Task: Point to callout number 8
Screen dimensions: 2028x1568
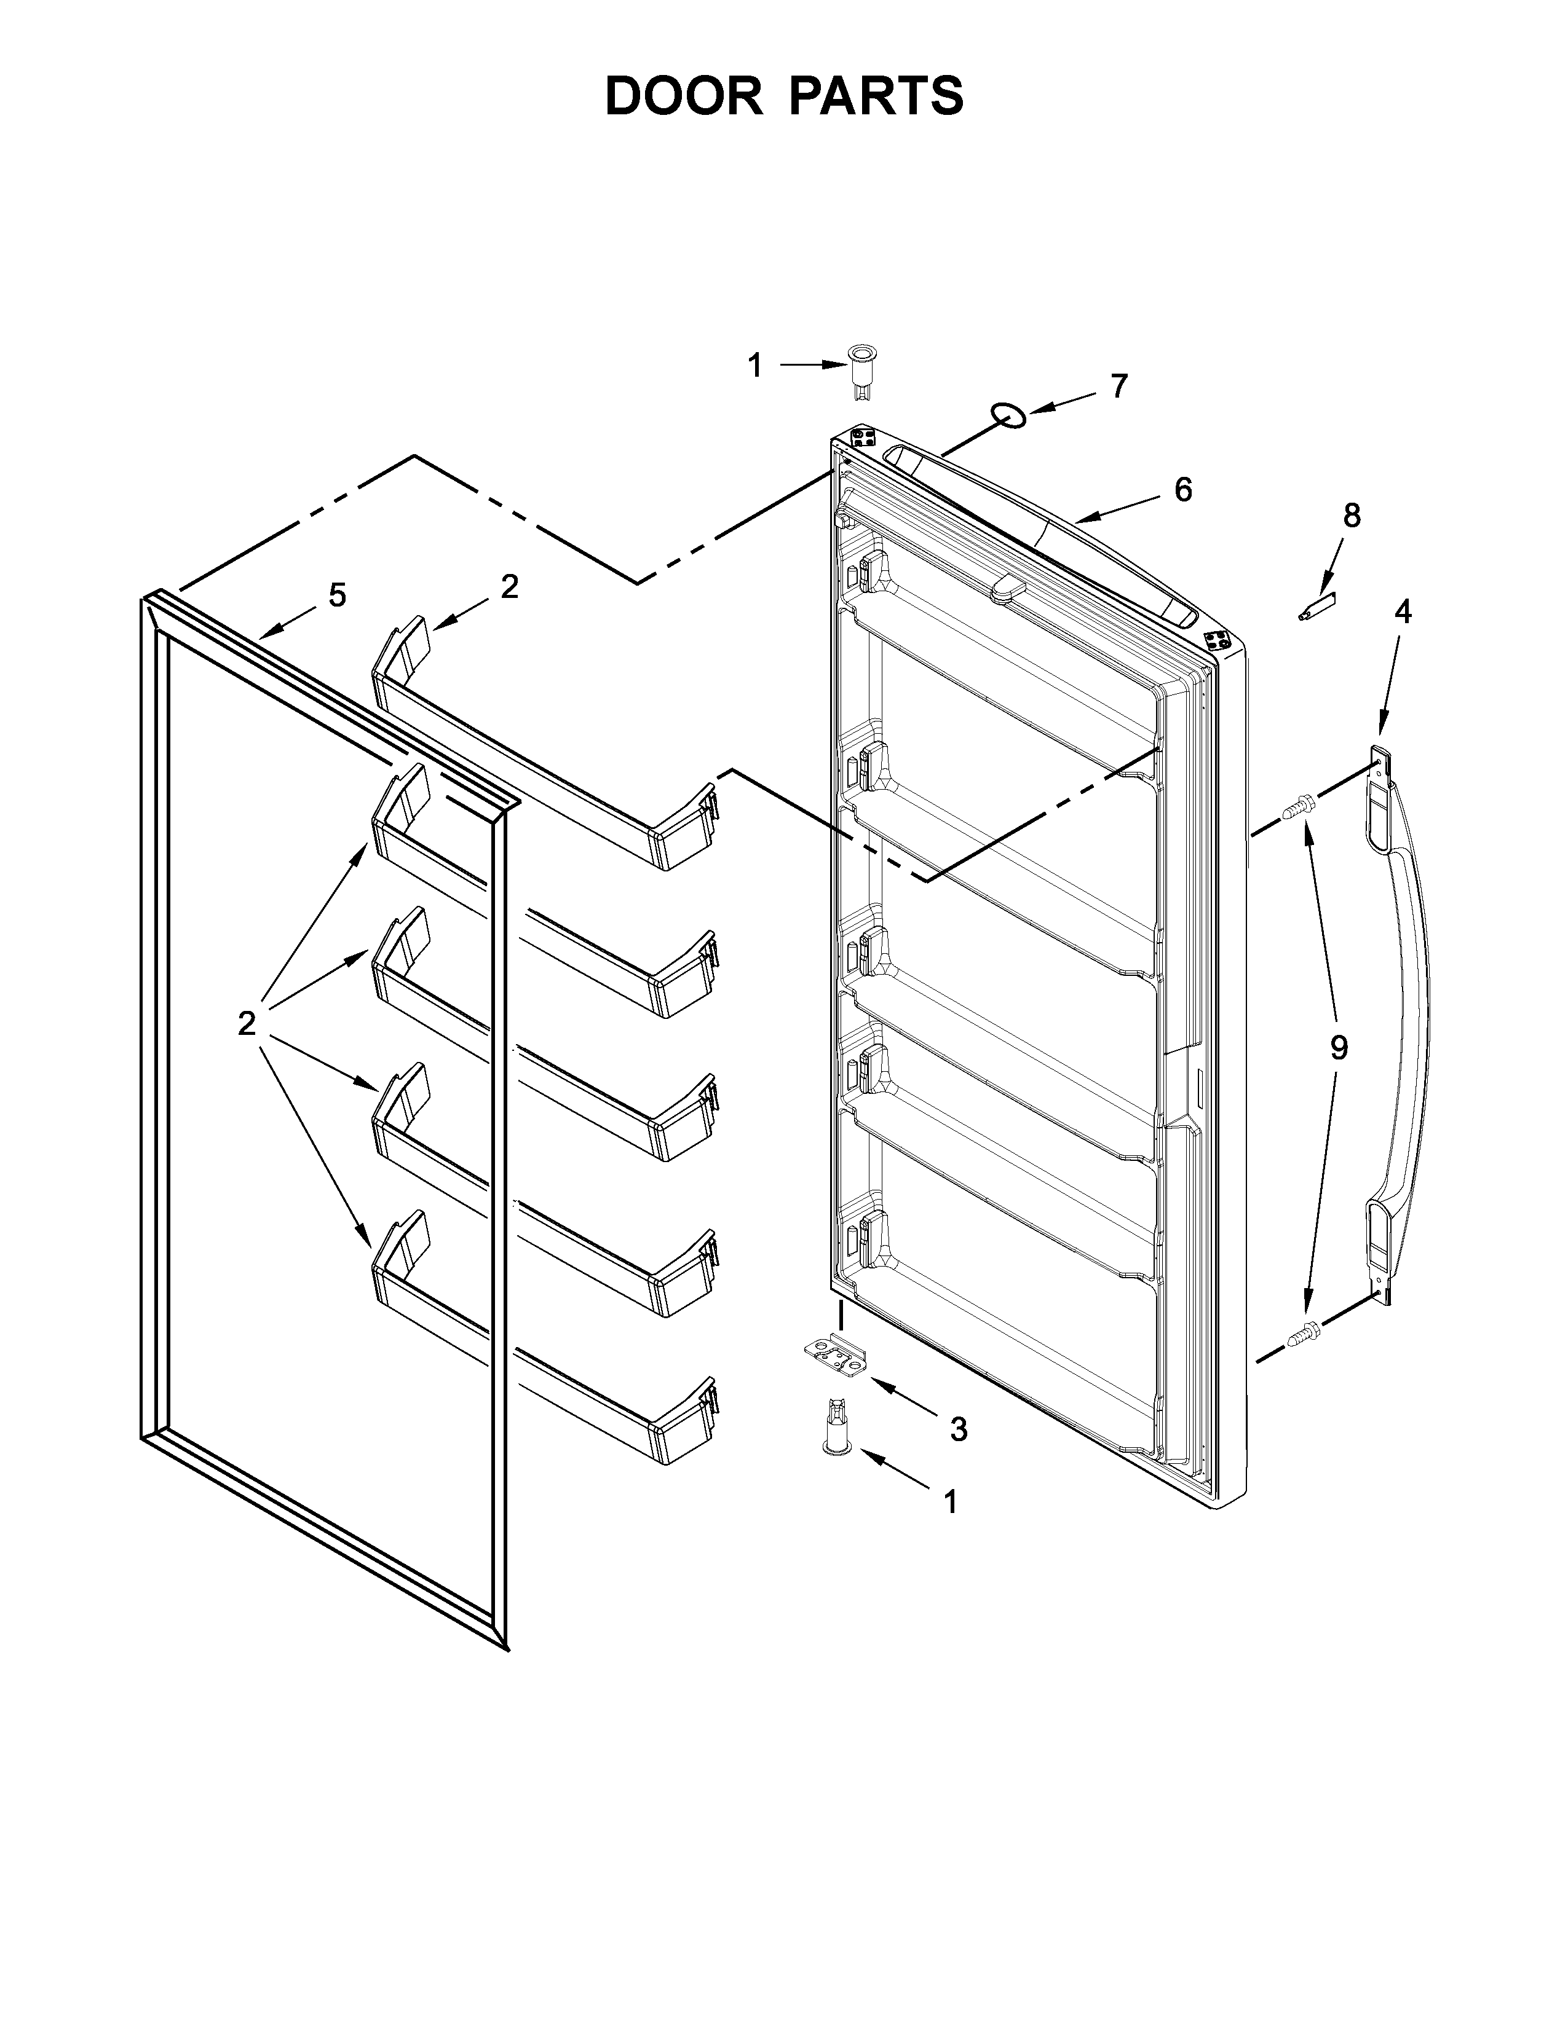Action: [1352, 516]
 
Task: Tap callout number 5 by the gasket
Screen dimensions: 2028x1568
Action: [337, 595]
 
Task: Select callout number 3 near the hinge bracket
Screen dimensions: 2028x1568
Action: [959, 1430]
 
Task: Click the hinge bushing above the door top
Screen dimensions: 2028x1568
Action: [861, 371]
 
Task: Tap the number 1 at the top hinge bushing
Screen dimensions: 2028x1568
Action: [755, 366]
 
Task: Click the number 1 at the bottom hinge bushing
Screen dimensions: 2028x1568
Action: [950, 1501]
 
